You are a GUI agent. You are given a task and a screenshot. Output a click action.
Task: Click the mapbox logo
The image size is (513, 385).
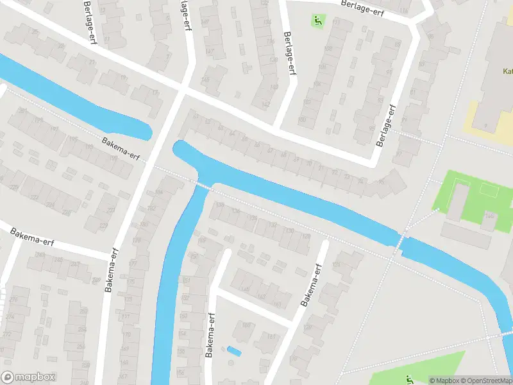pos(29,377)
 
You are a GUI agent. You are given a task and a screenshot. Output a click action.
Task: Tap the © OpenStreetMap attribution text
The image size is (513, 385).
pos(485,381)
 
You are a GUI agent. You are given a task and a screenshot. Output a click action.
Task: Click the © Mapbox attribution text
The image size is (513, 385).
pos(444,381)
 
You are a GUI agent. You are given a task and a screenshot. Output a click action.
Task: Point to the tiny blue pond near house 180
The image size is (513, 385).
pos(234,351)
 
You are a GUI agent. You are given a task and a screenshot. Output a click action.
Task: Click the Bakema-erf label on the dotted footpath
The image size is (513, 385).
pos(120,148)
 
